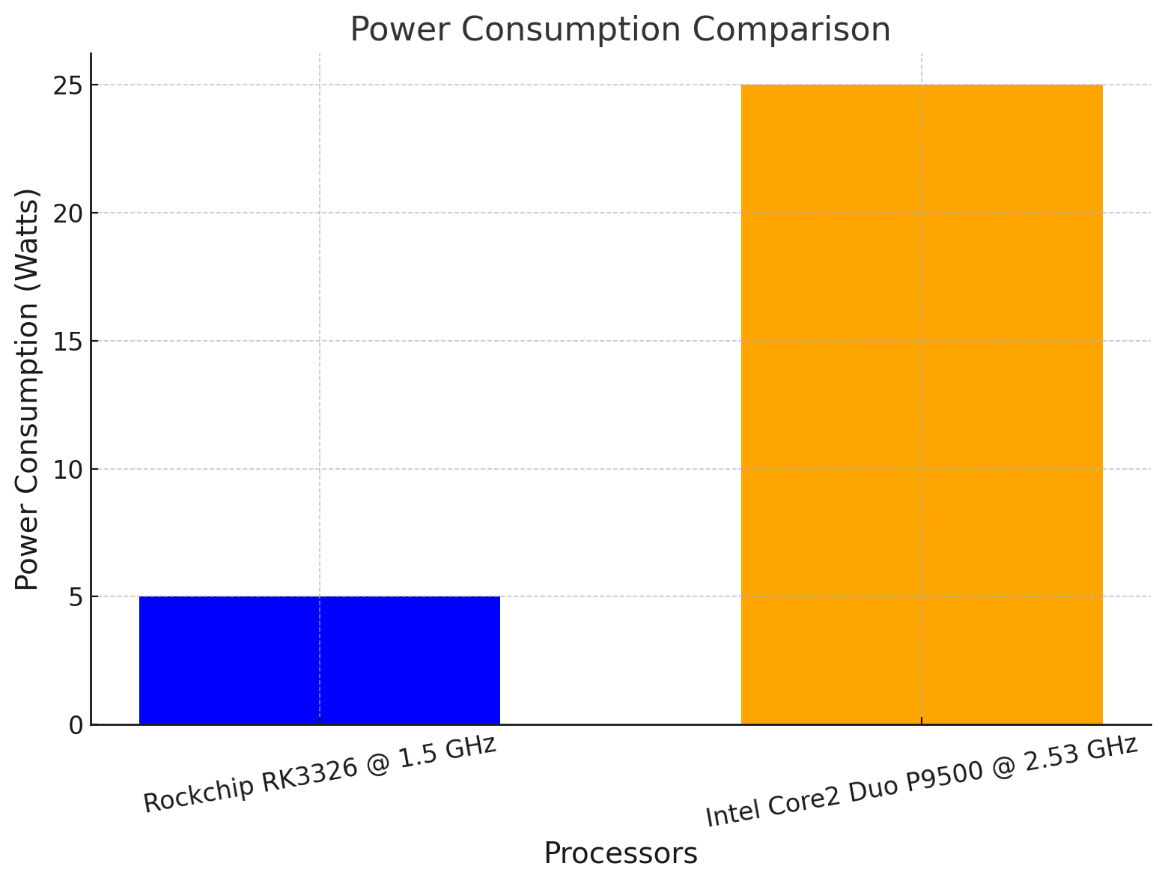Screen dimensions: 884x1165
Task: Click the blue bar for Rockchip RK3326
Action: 320,660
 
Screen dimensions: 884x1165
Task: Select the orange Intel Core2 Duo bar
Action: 922,405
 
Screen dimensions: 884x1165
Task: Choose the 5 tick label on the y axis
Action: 76,597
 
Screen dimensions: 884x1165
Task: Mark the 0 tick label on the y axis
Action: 76,725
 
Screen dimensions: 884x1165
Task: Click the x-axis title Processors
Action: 621,854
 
